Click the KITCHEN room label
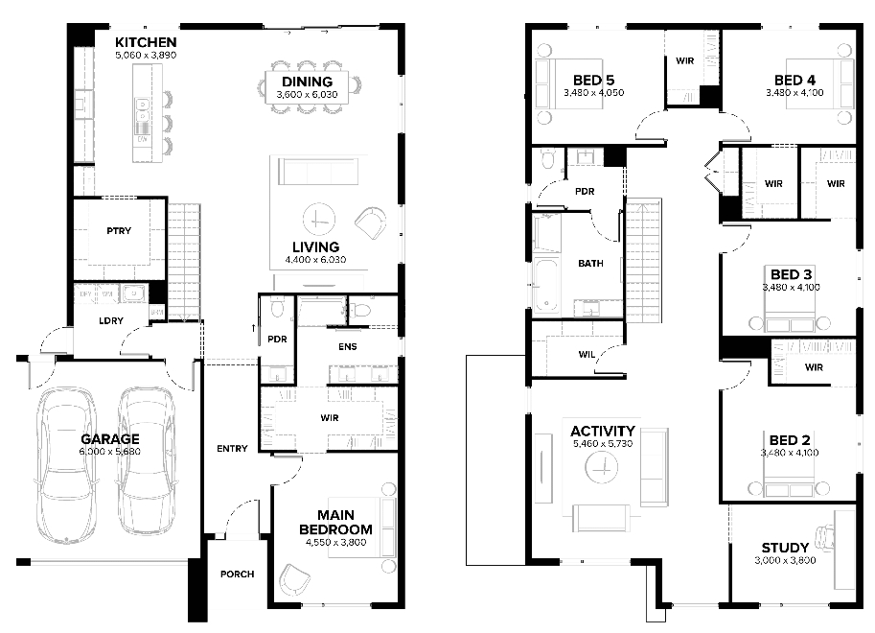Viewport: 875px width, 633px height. pyautogui.click(x=146, y=42)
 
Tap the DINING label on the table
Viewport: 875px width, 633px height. pyautogui.click(x=307, y=82)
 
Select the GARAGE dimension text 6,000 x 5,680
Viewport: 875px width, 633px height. pyautogui.click(x=110, y=452)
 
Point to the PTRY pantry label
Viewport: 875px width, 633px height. pyautogui.click(x=119, y=231)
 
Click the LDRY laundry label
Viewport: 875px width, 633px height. pyautogui.click(x=111, y=320)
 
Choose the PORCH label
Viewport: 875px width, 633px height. pyautogui.click(x=237, y=574)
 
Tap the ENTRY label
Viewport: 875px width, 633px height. pyautogui.click(x=232, y=449)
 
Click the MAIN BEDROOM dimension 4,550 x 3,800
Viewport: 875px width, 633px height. pyautogui.click(x=336, y=543)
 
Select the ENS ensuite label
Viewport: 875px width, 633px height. pyautogui.click(x=348, y=347)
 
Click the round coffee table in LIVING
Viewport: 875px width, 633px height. pyautogui.click(x=319, y=219)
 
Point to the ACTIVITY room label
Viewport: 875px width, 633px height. pyautogui.click(x=603, y=432)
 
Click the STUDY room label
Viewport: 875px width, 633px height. pyautogui.click(x=785, y=548)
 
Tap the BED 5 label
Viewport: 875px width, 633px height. pyautogui.click(x=594, y=81)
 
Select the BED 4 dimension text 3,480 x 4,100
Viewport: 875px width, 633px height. pyautogui.click(x=794, y=93)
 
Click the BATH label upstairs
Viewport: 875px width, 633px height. pyautogui.click(x=590, y=263)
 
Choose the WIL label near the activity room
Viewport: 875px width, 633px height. pyautogui.click(x=587, y=354)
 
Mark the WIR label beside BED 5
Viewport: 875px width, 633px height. pyautogui.click(x=684, y=60)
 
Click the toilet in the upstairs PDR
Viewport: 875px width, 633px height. pyautogui.click(x=548, y=158)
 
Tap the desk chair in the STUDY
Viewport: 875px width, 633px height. pyautogui.click(x=825, y=537)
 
